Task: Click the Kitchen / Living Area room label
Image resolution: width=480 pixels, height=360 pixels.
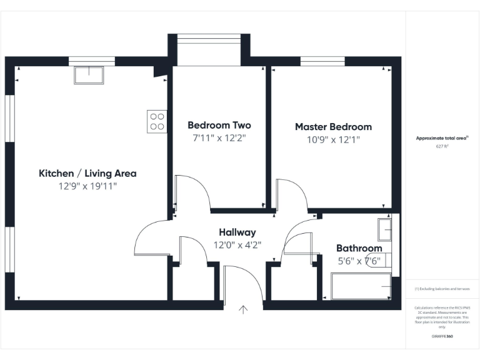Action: pos(87,173)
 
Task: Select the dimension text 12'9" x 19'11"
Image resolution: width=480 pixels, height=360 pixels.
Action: pos(87,186)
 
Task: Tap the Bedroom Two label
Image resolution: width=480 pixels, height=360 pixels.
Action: pos(219,125)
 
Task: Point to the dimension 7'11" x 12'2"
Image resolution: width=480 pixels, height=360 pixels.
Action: pos(219,138)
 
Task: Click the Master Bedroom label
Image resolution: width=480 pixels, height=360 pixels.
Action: pos(333,127)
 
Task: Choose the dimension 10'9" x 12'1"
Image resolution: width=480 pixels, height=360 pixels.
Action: pos(333,140)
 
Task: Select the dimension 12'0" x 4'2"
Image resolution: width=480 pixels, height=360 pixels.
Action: pos(237,245)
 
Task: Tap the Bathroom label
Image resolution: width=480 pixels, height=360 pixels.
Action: pos(359,248)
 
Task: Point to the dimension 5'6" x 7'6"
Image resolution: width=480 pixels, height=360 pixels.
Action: pos(359,261)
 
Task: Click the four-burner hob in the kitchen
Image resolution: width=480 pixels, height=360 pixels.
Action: pos(157,121)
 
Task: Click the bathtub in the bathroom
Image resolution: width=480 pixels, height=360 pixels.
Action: pos(362,287)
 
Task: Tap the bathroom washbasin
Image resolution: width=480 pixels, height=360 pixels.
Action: pos(385,229)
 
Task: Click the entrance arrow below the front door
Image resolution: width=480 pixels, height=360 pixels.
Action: pos(243,309)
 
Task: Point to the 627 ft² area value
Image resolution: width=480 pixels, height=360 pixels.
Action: pos(442,146)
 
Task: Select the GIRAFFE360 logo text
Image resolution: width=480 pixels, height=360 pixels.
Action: pos(442,337)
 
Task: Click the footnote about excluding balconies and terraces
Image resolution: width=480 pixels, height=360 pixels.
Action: pos(442,289)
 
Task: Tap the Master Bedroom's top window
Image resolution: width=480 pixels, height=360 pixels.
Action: pos(322,61)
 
